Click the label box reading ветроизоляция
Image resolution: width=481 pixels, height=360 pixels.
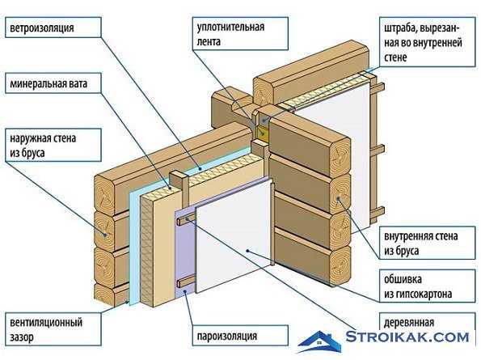[x=53, y=28]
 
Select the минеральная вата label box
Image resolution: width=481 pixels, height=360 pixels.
[x=53, y=83]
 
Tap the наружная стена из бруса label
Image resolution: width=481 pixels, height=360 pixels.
[x=53, y=145]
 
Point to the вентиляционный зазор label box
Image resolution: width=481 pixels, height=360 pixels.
[x=53, y=329]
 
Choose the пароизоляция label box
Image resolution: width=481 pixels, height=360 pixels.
[x=241, y=336]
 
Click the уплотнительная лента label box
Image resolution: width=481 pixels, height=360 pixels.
[x=241, y=33]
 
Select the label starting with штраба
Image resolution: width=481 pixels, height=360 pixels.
[x=428, y=42]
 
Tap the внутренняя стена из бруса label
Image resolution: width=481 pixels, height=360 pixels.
[x=428, y=243]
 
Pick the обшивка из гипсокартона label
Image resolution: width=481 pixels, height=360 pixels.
[x=428, y=286]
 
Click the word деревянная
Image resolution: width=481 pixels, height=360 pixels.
[x=409, y=323]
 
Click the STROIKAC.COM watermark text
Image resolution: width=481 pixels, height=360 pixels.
[x=407, y=337]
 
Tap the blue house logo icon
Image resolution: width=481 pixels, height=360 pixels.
[x=319, y=342]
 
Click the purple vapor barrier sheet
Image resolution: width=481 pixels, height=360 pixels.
[x=185, y=252]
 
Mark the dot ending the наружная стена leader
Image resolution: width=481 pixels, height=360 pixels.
[x=105, y=235]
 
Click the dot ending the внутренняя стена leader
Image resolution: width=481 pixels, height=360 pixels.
[x=339, y=198]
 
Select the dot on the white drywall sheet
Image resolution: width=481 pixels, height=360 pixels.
[x=247, y=251]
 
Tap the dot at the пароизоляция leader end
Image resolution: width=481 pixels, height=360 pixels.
[x=185, y=291]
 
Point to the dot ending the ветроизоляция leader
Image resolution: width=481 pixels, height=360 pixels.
[x=200, y=168]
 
